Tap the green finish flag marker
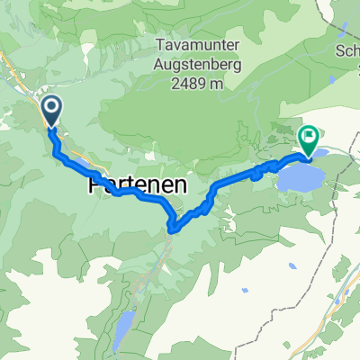[309, 140]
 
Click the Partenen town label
[138, 184]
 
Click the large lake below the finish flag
[301, 176]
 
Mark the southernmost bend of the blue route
[174, 227]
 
